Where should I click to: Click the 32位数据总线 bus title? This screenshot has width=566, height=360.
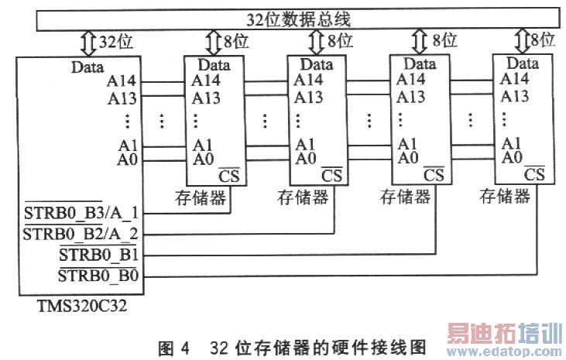tap(298, 19)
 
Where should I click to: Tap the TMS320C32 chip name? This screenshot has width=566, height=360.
tap(82, 307)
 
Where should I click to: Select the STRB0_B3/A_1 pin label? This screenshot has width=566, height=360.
tap(81, 213)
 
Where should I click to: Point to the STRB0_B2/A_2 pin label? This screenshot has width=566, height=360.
tap(81, 234)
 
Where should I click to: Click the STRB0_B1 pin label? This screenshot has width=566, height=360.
tap(99, 255)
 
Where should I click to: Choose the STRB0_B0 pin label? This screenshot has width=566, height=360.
tap(98, 276)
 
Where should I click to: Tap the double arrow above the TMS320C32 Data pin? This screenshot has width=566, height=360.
tap(88, 43)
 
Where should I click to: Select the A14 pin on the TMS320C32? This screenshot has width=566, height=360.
tap(122, 81)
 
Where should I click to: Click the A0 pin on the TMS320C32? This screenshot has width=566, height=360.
tap(128, 159)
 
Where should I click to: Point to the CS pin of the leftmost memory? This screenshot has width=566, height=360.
tap(229, 176)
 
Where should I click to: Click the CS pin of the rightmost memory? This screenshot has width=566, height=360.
tap(534, 174)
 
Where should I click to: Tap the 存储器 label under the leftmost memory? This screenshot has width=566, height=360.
tap(201, 197)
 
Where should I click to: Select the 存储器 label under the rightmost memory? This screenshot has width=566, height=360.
tap(505, 196)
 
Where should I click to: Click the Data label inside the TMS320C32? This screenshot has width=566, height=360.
tap(87, 67)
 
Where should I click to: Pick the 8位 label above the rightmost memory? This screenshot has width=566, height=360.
tap(543, 39)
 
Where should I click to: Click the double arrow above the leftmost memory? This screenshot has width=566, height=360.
tap(214, 43)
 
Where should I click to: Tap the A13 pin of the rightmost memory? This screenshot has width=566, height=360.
tap(515, 96)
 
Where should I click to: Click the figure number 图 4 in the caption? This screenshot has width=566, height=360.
tap(173, 348)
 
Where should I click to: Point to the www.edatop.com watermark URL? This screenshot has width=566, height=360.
tap(504, 351)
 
